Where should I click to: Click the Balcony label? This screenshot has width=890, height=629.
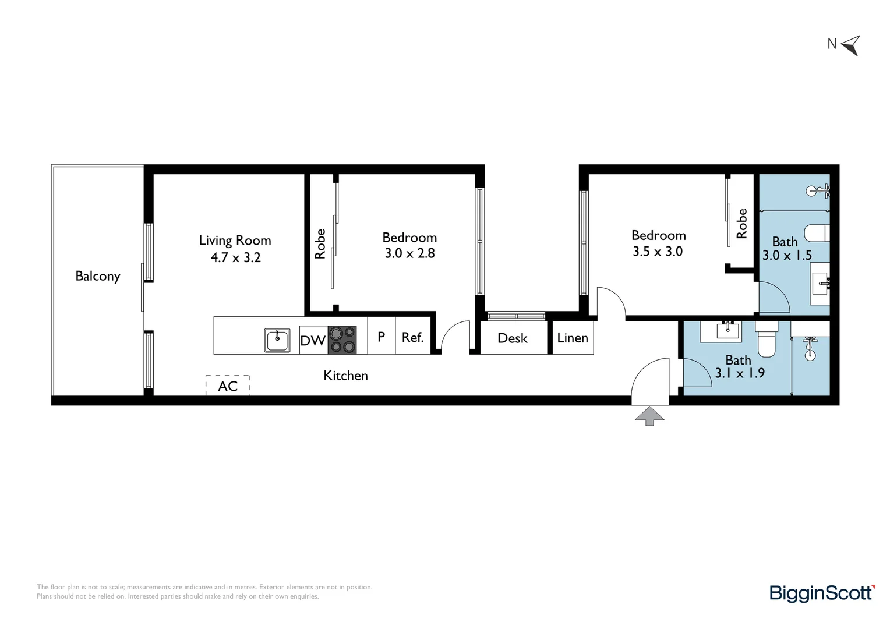click(98, 276)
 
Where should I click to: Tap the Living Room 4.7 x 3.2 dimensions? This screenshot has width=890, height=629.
click(235, 257)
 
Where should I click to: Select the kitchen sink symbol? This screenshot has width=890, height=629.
click(278, 340)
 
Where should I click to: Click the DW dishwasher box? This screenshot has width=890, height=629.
click(313, 340)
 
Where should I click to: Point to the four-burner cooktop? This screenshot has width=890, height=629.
click(342, 340)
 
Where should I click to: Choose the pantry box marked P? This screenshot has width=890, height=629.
click(382, 336)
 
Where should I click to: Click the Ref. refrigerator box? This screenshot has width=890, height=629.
click(412, 337)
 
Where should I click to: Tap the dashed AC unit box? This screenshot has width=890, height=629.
click(228, 386)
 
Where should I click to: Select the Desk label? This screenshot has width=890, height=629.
click(513, 338)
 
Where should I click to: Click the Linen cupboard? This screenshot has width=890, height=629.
click(573, 338)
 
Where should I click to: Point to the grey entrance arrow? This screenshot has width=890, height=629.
click(649, 416)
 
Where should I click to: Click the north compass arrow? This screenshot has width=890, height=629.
click(851, 45)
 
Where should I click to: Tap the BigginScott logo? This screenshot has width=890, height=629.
click(822, 593)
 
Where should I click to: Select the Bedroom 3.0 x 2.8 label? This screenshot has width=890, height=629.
click(409, 245)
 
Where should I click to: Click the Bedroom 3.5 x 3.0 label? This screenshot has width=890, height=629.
click(658, 243)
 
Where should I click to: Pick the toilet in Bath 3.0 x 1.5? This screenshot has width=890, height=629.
click(817, 233)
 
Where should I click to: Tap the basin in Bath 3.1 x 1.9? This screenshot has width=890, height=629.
click(727, 331)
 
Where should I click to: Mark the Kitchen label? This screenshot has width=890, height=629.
click(345, 376)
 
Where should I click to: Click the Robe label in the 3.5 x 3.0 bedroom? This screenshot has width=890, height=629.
click(741, 224)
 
